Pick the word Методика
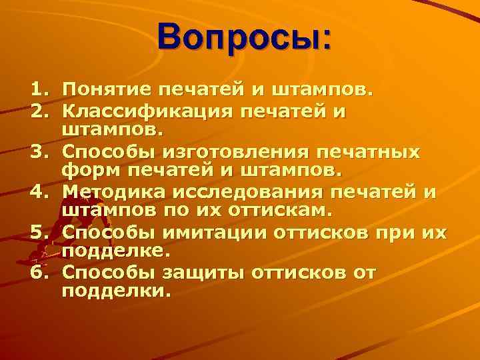112,193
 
